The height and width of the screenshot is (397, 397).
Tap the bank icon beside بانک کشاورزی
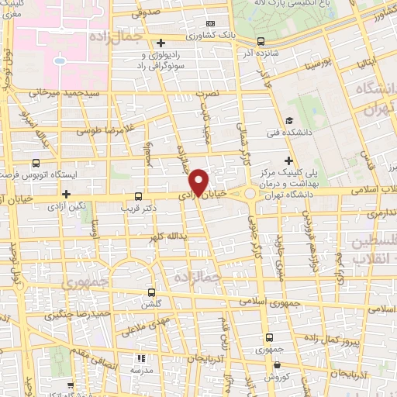[x=212, y=24]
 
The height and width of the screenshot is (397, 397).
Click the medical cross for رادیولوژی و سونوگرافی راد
[x=161, y=43]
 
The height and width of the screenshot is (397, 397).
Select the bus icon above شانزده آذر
[x=261, y=42]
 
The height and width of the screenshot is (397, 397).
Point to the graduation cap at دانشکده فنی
[x=288, y=120]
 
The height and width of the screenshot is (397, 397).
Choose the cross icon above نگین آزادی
[x=67, y=194]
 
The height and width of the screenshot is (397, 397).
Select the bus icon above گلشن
[x=152, y=292]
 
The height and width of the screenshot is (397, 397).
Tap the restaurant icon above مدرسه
[x=140, y=358]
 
